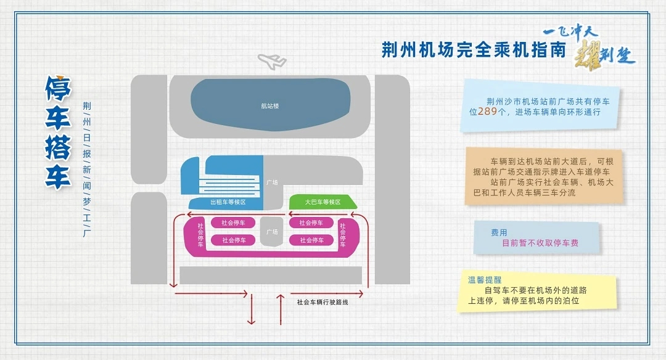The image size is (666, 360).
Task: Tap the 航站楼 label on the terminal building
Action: click(x=270, y=106)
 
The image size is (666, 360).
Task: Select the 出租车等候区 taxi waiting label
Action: click(x=228, y=202)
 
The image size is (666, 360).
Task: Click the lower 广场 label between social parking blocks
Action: click(x=271, y=232)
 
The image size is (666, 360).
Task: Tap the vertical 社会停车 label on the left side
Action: click(x=200, y=234)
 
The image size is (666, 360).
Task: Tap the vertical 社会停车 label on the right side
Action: click(x=342, y=234)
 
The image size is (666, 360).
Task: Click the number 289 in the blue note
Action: click(x=487, y=112)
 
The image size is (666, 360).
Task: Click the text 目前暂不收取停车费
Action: click(x=540, y=243)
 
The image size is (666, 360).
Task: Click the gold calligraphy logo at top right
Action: click(x=589, y=49)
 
